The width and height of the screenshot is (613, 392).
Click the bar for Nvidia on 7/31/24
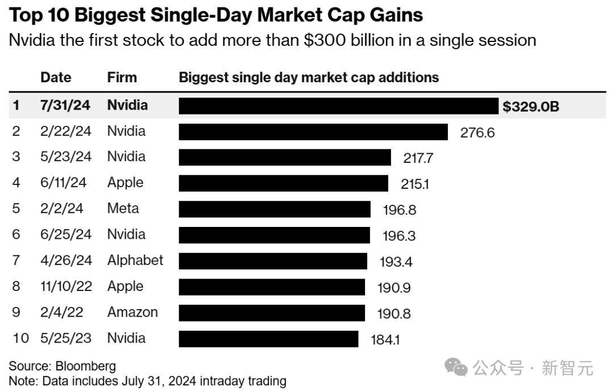pyautogui.click(x=338, y=106)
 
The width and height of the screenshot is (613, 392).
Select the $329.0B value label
pyautogui.click(x=531, y=106)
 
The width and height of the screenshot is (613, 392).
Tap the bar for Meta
pyautogui.click(x=274, y=209)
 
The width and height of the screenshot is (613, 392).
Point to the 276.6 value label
pyautogui.click(x=477, y=133)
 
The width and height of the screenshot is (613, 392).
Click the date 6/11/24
pyautogui.click(x=64, y=183)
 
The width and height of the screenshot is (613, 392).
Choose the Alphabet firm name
pyautogui.click(x=135, y=260)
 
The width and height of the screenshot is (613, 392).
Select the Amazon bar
pyautogui.click(x=272, y=313)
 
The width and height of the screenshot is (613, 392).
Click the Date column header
pyautogui.click(x=56, y=78)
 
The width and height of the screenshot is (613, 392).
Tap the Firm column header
pyautogui.click(x=122, y=78)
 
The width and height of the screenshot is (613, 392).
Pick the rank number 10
pyautogui.click(x=20, y=338)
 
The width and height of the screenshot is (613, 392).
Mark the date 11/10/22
pyautogui.click(x=66, y=286)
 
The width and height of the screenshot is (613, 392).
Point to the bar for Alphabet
pyautogui.click(x=274, y=261)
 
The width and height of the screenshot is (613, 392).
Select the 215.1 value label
pyautogui.click(x=415, y=185)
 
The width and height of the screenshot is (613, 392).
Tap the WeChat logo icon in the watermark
pyautogui.click(x=456, y=368)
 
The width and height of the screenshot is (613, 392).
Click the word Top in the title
pyautogui.click(x=28, y=15)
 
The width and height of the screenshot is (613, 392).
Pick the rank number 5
pyautogui.click(x=16, y=209)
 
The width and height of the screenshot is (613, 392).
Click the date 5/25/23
pyautogui.click(x=66, y=338)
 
